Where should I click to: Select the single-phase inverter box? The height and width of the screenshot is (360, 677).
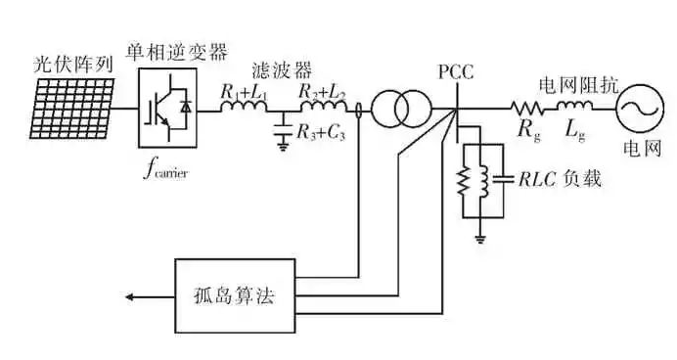click(167, 103)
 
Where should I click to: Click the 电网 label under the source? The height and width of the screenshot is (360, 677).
click(642, 149)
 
